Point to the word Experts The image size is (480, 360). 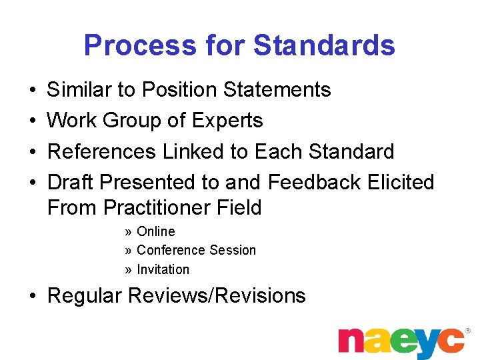tap(227, 121)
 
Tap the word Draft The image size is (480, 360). tap(71, 182)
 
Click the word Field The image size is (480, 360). tap(239, 208)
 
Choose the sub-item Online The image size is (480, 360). tap(155, 231)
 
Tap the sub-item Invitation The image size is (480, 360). tap(163, 269)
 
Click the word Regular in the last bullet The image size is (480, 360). tap(87, 295)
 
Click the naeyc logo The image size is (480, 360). tap(401, 343)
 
